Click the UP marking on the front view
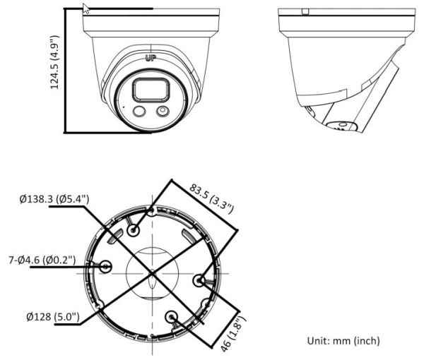click(x=150, y=59)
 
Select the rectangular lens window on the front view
click(x=147, y=90)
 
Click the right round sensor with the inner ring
click(x=163, y=111)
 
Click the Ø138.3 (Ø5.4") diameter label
click(x=54, y=200)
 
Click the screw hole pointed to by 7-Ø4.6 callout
click(x=106, y=267)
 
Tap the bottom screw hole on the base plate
click(x=172, y=317)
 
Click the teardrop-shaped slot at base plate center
click(x=153, y=286)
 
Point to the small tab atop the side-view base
click(x=305, y=11)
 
